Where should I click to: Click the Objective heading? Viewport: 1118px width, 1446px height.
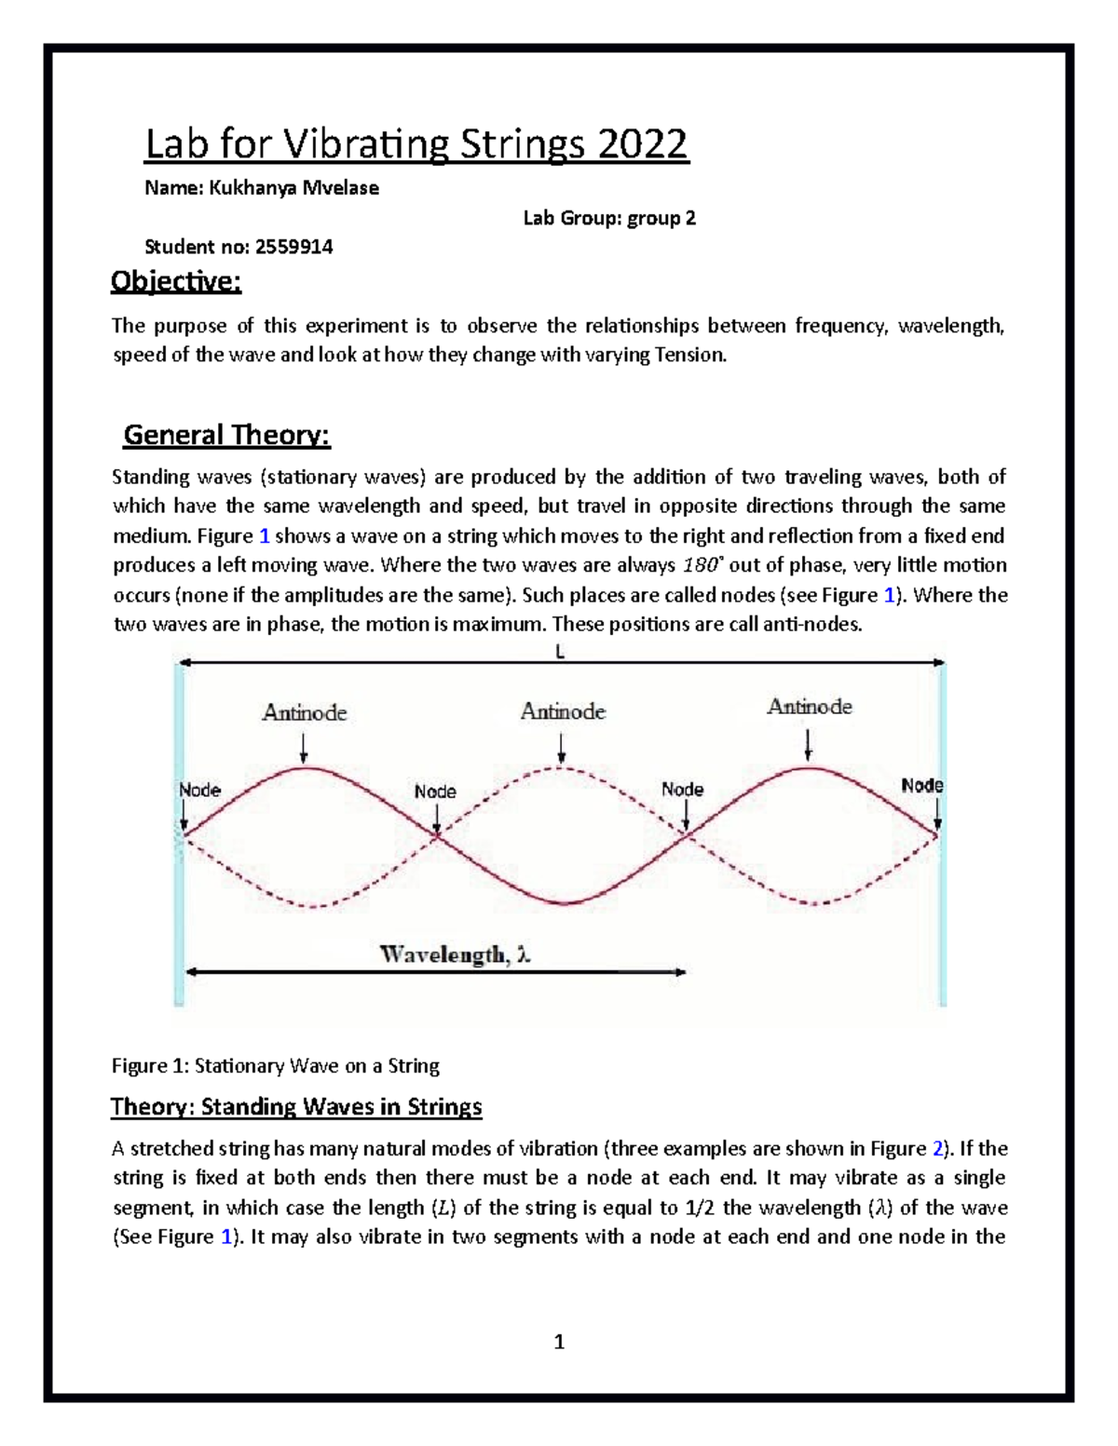tap(176, 281)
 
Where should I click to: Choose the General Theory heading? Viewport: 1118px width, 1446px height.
tap(227, 435)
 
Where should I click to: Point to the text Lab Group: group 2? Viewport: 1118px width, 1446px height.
tap(609, 218)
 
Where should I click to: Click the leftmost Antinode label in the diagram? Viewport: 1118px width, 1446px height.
tap(305, 713)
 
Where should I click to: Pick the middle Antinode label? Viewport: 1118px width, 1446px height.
tap(563, 712)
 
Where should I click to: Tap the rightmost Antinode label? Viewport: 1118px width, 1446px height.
tap(810, 707)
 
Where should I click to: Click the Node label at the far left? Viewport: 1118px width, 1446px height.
tap(199, 791)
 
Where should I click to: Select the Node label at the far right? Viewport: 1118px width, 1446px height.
tap(922, 786)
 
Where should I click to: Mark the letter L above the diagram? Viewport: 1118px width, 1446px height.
tap(560, 653)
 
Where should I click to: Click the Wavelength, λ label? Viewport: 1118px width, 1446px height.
tap(456, 954)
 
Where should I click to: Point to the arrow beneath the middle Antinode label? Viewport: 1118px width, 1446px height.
tap(562, 747)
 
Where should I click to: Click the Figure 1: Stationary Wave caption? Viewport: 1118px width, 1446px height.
tap(276, 1065)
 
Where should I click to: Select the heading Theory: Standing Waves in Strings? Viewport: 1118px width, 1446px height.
tap(296, 1106)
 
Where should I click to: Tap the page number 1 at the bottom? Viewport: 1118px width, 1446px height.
tap(559, 1342)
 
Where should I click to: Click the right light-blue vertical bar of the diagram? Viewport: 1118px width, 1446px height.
tap(943, 833)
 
